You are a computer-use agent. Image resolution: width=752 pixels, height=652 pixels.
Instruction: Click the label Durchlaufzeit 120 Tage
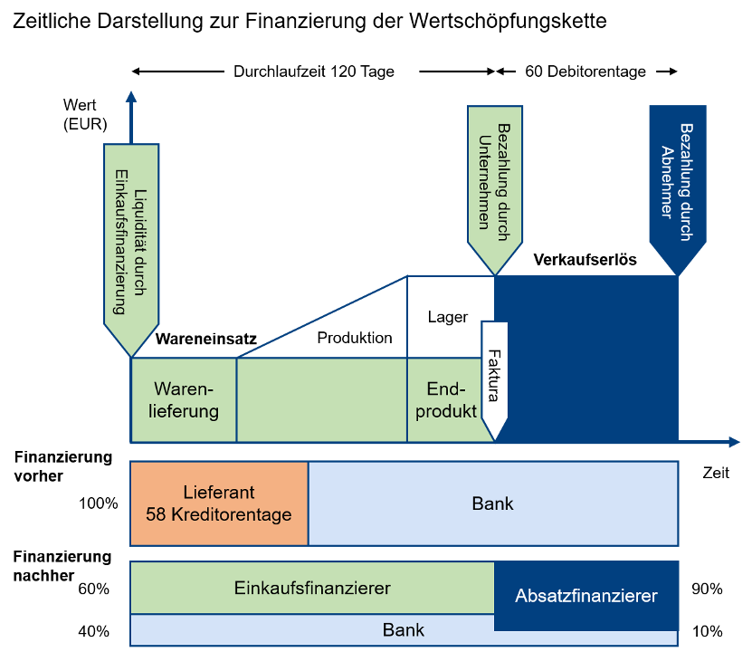click(x=314, y=72)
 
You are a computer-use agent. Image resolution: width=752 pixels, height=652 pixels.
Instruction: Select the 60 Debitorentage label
click(x=585, y=72)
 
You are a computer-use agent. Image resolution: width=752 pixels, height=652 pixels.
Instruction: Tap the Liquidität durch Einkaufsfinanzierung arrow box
click(x=132, y=244)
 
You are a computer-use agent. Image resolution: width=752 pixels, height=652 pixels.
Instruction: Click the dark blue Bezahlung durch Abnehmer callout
click(x=677, y=181)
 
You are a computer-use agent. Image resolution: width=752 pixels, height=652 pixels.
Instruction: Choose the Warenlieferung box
click(x=184, y=399)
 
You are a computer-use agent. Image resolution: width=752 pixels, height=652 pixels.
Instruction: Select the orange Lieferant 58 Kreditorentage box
click(x=219, y=503)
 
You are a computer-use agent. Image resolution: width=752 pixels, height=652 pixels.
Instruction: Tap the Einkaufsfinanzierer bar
click(x=312, y=588)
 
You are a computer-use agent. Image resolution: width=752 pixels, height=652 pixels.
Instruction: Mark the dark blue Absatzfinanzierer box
click(x=585, y=596)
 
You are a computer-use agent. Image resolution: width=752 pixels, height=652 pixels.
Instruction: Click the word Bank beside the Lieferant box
click(x=492, y=503)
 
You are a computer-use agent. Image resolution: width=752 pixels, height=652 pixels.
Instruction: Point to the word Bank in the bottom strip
click(x=404, y=630)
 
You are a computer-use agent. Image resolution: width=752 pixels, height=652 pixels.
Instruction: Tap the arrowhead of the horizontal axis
click(x=734, y=442)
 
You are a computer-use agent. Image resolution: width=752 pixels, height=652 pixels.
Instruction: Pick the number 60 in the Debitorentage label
click(x=534, y=72)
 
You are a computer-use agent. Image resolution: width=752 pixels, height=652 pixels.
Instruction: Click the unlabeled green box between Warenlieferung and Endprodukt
click(x=321, y=399)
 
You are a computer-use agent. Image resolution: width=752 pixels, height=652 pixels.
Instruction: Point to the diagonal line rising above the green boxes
click(x=321, y=316)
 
